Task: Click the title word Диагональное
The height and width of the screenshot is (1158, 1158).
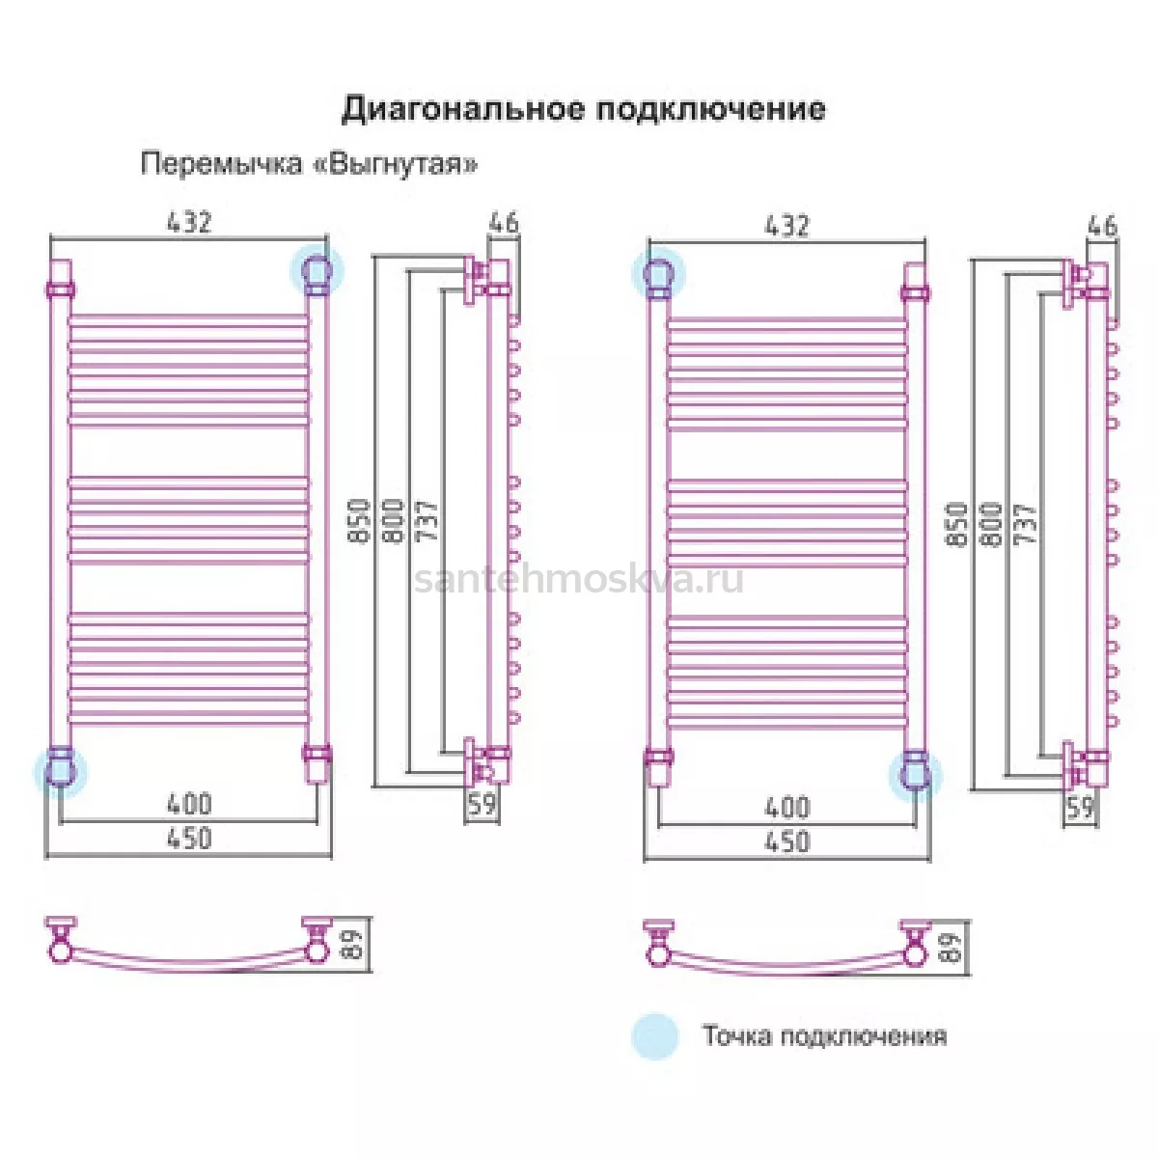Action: (x=462, y=110)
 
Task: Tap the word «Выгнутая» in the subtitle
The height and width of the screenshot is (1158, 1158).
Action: (x=396, y=163)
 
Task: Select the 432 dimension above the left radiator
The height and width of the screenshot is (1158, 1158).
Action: (x=189, y=222)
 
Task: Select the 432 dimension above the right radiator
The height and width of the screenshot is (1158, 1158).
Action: (x=786, y=226)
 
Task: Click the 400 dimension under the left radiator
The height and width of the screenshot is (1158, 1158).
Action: (x=189, y=804)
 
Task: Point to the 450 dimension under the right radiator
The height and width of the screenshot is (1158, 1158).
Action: (x=787, y=841)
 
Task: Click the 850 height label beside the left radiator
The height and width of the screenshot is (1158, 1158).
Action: (x=359, y=521)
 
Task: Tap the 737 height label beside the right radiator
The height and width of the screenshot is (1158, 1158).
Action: (x=1025, y=525)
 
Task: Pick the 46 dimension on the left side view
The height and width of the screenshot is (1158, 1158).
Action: (x=504, y=223)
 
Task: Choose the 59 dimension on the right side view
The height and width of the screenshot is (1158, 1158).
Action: (x=1080, y=809)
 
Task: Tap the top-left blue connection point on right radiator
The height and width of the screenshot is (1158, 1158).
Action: (x=658, y=273)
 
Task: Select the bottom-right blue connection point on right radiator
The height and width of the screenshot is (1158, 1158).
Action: (x=915, y=775)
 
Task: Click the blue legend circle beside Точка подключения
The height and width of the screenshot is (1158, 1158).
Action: (x=655, y=1035)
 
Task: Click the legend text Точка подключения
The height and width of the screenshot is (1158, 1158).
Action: (x=824, y=1035)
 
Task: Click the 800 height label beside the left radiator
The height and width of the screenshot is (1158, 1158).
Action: (x=394, y=521)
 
